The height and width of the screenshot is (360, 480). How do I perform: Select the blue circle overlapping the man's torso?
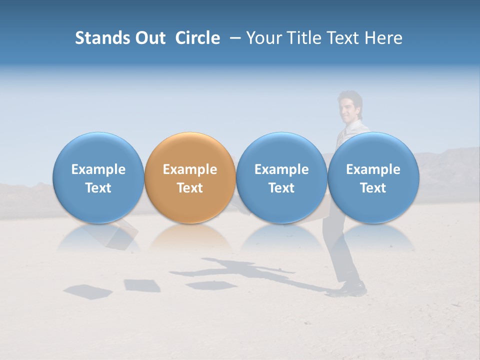click(x=373, y=177)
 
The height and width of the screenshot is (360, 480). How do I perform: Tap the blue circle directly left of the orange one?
click(x=98, y=177)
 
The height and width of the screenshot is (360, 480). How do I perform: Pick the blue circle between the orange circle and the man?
click(x=281, y=177)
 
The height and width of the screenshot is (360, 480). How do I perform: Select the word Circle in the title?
click(x=197, y=38)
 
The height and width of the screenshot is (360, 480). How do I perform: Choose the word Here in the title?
click(x=383, y=38)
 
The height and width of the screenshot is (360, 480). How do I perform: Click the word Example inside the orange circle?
click(x=189, y=169)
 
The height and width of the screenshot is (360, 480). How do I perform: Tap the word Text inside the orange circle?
click(x=189, y=188)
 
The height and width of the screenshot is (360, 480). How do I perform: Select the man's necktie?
click(x=341, y=135)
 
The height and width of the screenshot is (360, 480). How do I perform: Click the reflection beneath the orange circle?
click(x=189, y=237)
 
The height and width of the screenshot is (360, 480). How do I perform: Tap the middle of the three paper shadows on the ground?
click(x=142, y=285)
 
